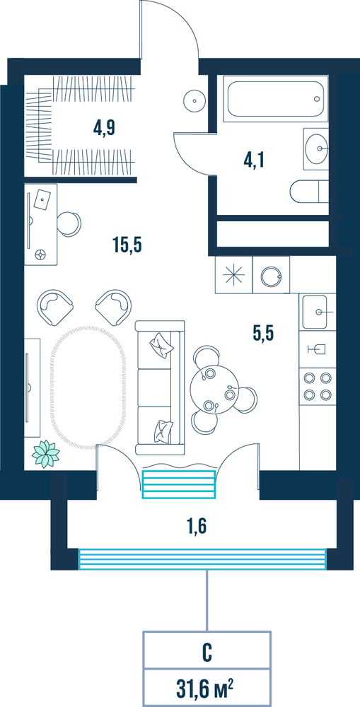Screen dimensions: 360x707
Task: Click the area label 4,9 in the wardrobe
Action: tap(104, 128)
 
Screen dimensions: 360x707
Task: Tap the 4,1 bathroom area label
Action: tap(254, 160)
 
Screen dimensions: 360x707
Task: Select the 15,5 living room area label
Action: tap(127, 245)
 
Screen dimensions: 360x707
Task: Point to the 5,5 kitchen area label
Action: tap(264, 334)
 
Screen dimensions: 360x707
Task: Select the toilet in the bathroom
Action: tap(309, 192)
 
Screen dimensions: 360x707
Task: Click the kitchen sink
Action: tap(315, 312)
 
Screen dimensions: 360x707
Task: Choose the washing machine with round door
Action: tap(271, 274)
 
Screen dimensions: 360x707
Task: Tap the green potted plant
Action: tap(45, 454)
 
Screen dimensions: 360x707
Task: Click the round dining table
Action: tap(211, 387)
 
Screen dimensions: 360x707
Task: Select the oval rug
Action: tap(87, 385)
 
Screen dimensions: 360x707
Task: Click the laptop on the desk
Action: tap(42, 199)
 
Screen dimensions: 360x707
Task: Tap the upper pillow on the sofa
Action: tap(161, 345)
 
